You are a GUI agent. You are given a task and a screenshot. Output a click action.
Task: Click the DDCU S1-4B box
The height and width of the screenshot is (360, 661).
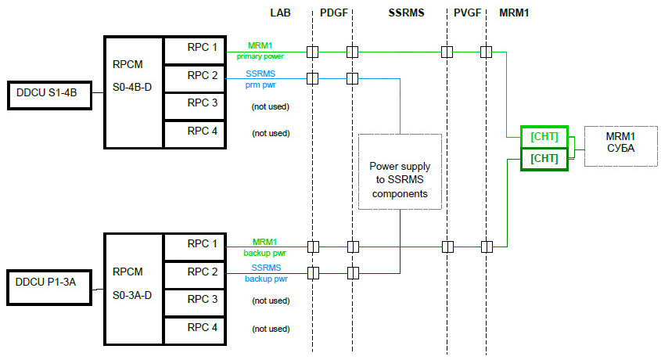47,93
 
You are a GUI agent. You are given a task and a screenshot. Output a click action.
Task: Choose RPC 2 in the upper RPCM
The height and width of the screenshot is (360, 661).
194,76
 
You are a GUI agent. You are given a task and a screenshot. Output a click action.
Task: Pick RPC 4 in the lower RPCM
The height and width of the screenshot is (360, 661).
194,328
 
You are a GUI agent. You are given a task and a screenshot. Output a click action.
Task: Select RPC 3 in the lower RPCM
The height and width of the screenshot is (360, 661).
194,299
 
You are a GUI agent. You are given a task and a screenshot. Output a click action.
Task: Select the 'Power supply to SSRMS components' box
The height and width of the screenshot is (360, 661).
400,171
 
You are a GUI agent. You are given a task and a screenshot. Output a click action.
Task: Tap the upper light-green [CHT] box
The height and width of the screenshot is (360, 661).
543,136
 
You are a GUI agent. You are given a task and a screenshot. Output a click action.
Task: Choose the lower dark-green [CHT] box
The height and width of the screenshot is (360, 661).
543,159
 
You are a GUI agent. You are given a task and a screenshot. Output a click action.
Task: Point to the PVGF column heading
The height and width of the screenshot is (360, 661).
468,13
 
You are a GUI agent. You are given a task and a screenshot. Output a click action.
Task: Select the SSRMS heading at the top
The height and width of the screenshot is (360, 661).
405,13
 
